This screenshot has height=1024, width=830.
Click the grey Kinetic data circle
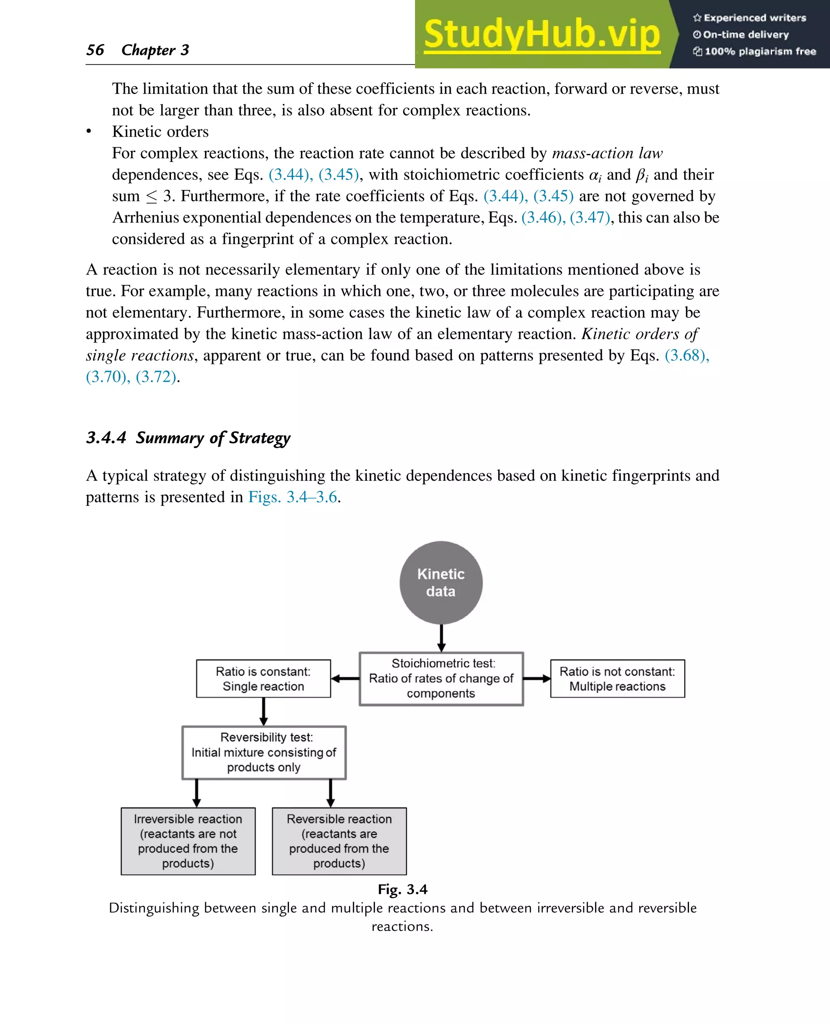tap(441, 582)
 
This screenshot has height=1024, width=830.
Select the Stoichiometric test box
tap(441, 678)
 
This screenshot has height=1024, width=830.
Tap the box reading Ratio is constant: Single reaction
tap(263, 678)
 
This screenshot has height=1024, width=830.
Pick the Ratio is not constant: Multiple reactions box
tap(617, 678)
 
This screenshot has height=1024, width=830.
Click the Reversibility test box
tap(263, 752)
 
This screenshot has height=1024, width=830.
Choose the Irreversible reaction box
tap(188, 841)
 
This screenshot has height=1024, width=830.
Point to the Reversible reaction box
tap(339, 841)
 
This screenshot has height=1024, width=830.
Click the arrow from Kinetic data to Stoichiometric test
tap(441, 638)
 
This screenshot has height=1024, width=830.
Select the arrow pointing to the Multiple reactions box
tap(537, 678)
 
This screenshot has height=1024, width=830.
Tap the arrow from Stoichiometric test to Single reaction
tap(345, 678)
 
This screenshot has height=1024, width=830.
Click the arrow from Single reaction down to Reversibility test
tap(263, 711)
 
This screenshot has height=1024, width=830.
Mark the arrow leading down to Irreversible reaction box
tap(197, 793)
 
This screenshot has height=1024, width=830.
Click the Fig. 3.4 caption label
tap(402, 889)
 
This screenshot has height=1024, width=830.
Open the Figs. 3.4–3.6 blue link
tap(293, 497)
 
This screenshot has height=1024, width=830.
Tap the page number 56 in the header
tap(95, 50)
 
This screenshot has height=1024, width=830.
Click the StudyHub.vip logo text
tap(542, 34)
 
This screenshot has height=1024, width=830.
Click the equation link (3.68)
tap(687, 355)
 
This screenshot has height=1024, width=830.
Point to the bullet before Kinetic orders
tap(88, 131)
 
